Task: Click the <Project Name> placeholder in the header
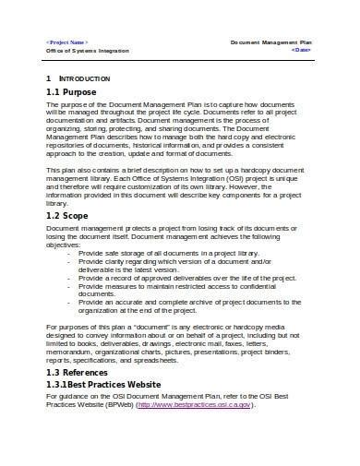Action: point(68,42)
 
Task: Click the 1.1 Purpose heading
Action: point(75,93)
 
